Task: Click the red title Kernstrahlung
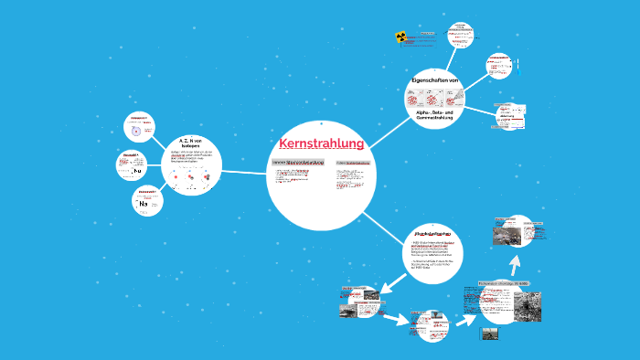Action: [321, 143]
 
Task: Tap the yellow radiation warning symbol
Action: [400, 37]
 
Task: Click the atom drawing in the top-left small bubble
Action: [136, 131]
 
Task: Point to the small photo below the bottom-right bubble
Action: [490, 334]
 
